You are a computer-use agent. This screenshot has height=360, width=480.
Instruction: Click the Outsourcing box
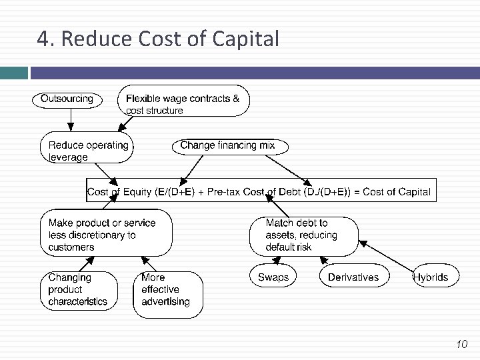[x=67, y=99]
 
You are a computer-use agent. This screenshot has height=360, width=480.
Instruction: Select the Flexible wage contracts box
[x=183, y=101]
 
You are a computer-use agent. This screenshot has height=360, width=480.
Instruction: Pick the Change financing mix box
[x=227, y=146]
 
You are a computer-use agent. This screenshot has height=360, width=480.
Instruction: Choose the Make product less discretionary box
[x=106, y=233]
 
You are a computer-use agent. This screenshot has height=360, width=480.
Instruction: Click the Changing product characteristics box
[x=79, y=290]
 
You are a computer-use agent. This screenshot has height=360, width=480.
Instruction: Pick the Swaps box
[x=273, y=277]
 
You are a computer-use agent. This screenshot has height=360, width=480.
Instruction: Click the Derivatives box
[x=354, y=277]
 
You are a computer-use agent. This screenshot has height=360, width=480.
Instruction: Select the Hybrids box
[x=433, y=277]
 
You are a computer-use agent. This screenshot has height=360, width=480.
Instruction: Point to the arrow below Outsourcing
[x=69, y=119]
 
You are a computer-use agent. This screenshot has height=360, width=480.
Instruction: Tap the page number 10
[x=461, y=344]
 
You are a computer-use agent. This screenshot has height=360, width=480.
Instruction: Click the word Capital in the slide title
[x=245, y=40]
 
